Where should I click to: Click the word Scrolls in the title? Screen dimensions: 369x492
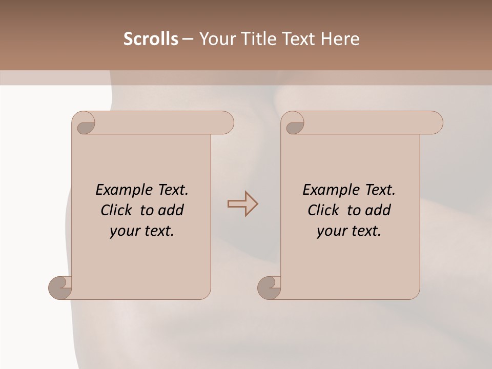151,39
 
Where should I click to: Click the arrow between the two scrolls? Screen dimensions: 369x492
242,204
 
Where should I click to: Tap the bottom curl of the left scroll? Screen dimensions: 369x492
60,288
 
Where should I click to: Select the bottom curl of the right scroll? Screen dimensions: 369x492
269,288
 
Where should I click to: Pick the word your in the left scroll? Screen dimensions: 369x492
123,231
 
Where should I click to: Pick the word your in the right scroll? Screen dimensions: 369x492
330,231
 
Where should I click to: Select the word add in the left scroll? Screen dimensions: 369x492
171,210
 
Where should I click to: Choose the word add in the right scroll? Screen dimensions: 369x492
378,210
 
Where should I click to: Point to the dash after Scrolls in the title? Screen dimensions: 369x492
188,39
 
